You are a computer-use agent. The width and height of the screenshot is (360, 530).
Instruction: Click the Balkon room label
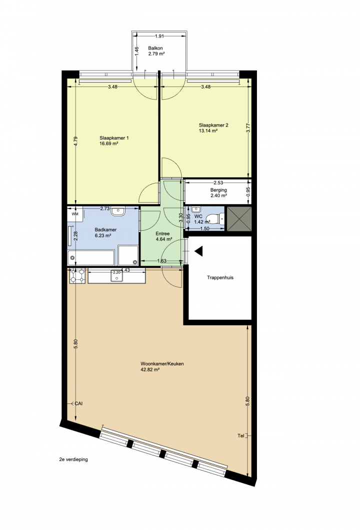coord(155,49)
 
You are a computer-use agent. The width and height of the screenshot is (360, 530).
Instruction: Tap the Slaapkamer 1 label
coord(114,138)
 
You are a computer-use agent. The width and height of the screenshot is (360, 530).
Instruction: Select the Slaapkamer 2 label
coord(213,125)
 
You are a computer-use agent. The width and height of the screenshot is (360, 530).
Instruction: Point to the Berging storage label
coord(218,190)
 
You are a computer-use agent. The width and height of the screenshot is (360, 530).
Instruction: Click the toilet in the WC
coord(216,219)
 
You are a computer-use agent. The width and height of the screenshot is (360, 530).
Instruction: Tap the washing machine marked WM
coord(75,214)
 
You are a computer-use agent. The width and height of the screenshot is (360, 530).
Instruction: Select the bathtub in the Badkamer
coord(91,258)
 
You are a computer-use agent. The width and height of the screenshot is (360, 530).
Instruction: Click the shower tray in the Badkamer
coord(128,256)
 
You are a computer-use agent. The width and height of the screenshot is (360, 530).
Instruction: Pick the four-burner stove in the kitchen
coord(77,275)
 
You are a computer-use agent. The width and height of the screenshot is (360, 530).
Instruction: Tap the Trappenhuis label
coord(220,278)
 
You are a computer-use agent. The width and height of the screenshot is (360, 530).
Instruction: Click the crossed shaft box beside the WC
coord(239,219)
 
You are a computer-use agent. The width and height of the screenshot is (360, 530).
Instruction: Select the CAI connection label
coord(78,403)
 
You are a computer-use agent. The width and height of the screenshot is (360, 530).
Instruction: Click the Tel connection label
coord(241,436)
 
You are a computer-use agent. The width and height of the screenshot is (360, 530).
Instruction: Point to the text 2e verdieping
coord(73,460)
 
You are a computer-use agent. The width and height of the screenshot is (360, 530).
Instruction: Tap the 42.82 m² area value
coord(150,370)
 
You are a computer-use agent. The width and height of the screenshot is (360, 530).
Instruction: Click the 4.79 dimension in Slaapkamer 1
coord(76,141)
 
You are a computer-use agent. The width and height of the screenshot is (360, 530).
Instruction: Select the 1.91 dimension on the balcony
coord(159,36)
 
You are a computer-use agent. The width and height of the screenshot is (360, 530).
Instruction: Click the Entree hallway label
coord(162,234)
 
